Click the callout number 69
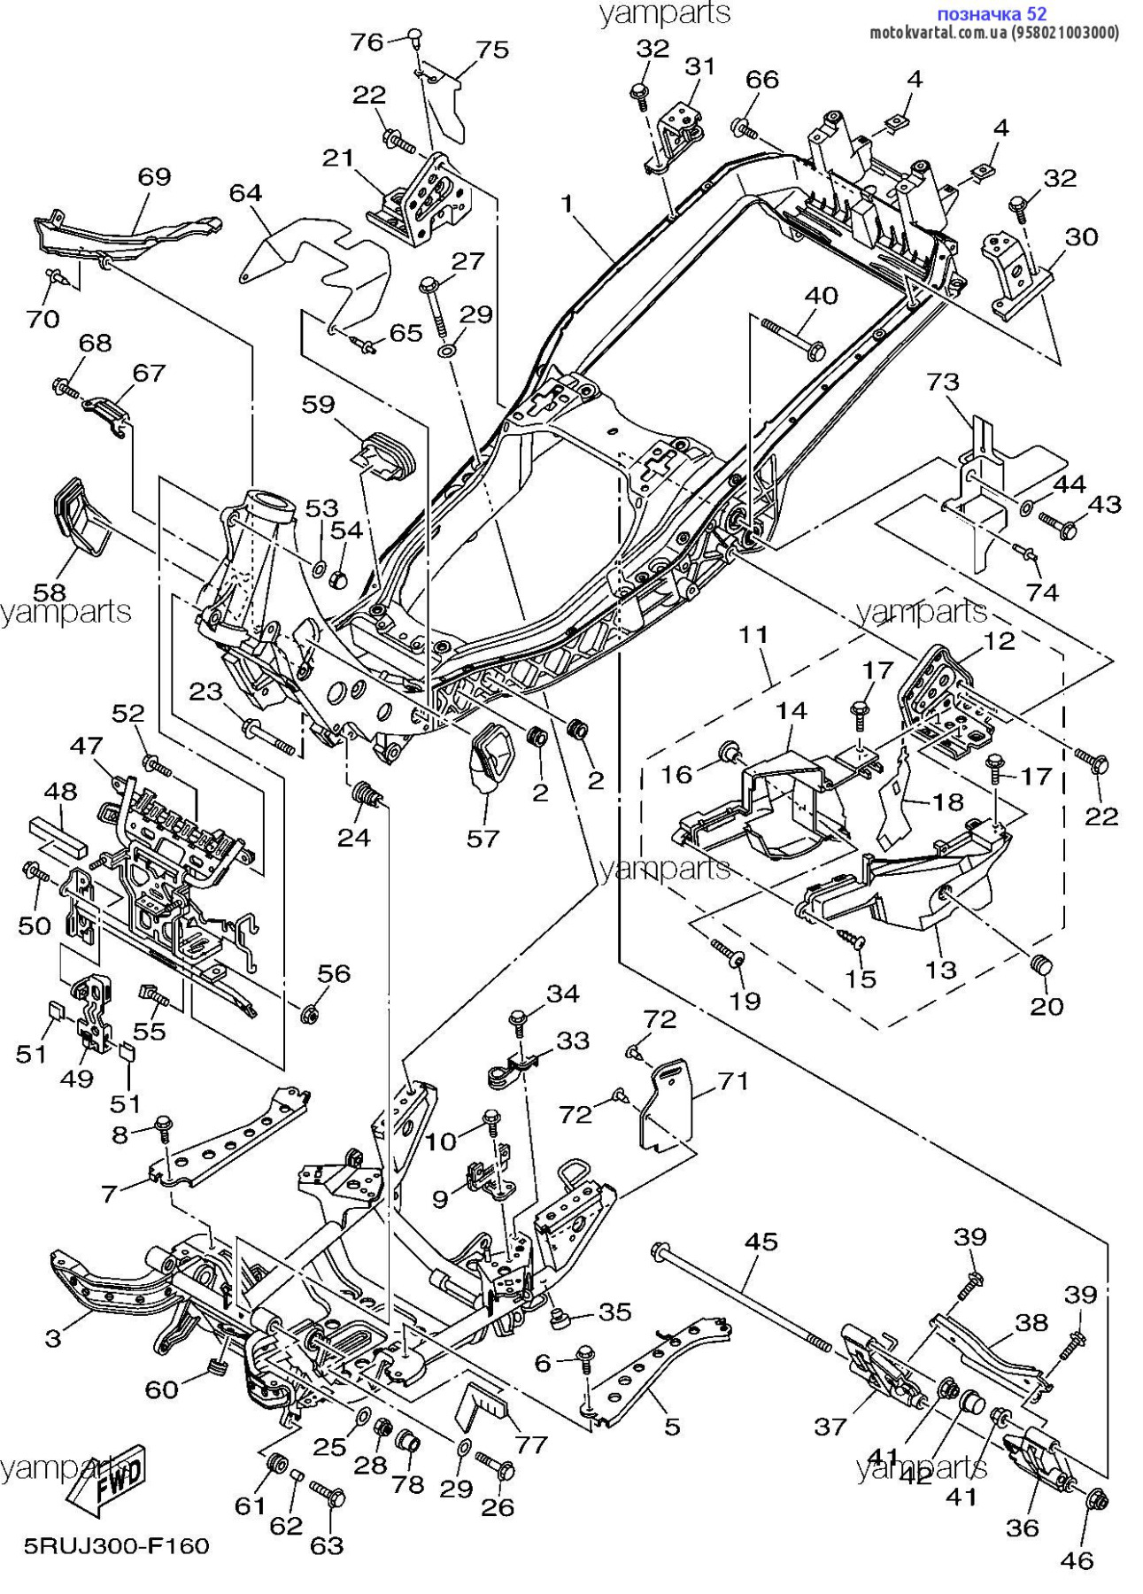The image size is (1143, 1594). pos(154,176)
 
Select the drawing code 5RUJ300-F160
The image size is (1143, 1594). pos(116,1545)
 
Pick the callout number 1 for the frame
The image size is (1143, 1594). pos(567,204)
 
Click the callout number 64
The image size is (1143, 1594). pos(246,192)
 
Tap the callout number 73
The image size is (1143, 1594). pos(943,382)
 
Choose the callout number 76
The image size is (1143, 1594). pos(367,42)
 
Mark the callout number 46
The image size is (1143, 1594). pos(1077,1559)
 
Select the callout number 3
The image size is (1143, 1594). pos(53,1337)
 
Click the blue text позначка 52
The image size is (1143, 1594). pos(992,13)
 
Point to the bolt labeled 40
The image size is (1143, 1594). pos(792,339)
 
